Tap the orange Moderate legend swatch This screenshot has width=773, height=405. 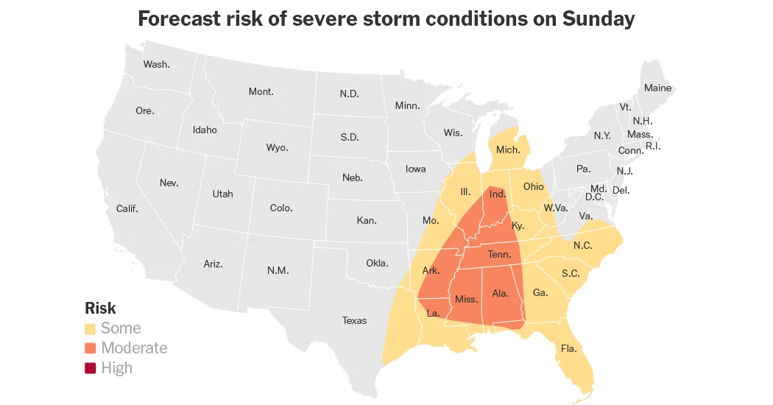tap(91, 348)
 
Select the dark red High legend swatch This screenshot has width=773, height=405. tap(91, 368)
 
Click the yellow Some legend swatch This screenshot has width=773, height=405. tap(91, 328)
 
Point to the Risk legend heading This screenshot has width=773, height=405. tap(100, 308)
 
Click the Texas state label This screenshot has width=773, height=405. tap(354, 320)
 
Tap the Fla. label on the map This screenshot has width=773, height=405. tap(568, 348)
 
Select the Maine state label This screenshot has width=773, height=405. tap(657, 88)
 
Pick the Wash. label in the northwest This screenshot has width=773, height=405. tap(156, 64)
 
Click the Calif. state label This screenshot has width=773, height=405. tap(127, 208)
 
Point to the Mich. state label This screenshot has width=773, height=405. tap(508, 149)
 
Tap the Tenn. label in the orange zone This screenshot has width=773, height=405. tap(499, 254)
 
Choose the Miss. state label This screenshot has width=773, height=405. tap(466, 299)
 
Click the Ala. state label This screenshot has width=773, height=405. tap(500, 293)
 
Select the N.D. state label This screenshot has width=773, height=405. tap(349, 94)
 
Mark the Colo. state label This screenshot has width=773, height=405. tap(281, 208)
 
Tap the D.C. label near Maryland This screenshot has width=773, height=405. tap(594, 197)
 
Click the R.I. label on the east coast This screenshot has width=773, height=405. tap(653, 146)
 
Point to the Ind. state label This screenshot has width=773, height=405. tap(498, 194)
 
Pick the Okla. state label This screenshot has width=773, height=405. tap(377, 263)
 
